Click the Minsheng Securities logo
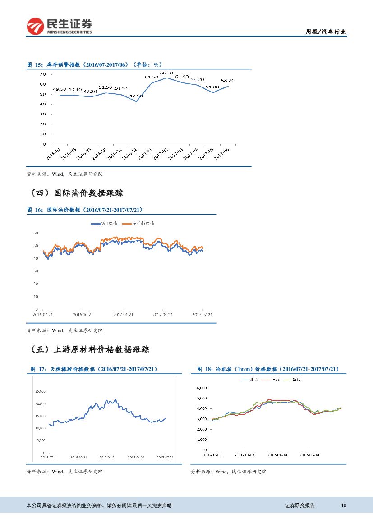[x=59, y=26]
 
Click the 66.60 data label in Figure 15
[x=166, y=73]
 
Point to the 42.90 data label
[x=136, y=96]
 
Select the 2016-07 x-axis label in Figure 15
[x=53, y=153]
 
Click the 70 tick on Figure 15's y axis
[x=42, y=74]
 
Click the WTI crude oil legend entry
[x=104, y=224]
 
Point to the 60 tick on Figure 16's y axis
[x=36, y=233]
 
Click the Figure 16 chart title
[x=85, y=210]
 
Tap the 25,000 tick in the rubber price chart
[x=40, y=391]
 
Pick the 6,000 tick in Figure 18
[x=201, y=388]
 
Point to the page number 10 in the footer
[x=344, y=505]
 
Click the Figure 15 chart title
[x=94, y=65]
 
